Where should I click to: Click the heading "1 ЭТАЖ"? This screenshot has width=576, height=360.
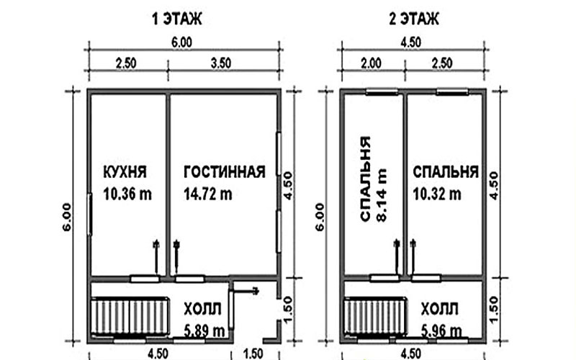tap(177, 19)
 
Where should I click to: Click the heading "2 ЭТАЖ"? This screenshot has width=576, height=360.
tap(414, 19)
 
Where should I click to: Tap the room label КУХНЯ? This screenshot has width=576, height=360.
tap(125, 172)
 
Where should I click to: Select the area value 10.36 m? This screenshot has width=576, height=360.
tap(127, 194)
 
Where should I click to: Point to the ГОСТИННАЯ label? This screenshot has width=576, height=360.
tap(225, 172)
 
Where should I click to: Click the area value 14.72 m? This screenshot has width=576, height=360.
tap(208, 194)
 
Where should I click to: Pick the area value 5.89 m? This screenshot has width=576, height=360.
tap(204, 331)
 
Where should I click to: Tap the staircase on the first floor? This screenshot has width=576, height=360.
tap(130, 317)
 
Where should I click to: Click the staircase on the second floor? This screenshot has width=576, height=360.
tap(375, 317)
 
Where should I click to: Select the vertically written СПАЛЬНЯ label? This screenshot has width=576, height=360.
tap(366, 179)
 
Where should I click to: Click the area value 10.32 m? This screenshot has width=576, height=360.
tap(437, 194)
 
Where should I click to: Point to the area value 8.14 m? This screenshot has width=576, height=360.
tap(382, 195)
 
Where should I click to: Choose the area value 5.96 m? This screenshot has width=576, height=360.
tap(441, 331)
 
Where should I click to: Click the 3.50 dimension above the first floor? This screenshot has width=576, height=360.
tap(221, 63)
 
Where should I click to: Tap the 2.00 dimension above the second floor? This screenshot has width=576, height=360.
tap(371, 63)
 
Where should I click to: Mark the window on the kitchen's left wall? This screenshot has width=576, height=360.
tap(89, 214)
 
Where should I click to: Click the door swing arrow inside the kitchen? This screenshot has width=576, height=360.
tap(156, 257)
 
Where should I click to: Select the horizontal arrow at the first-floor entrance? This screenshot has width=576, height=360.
tap(245, 292)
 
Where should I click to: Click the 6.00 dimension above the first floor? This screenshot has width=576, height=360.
tap(182, 42)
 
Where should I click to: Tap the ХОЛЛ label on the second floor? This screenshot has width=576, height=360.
tap(439, 310)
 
